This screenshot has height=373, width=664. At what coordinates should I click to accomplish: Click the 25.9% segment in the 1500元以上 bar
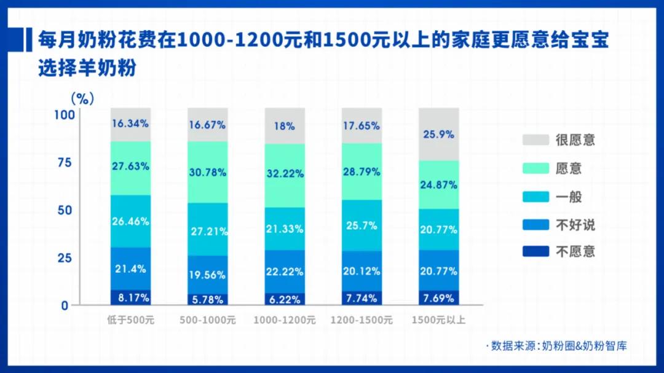point(438,134)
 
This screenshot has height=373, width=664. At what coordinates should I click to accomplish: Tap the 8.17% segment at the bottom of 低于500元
point(130,297)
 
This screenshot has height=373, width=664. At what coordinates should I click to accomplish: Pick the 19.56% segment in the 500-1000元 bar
point(207,274)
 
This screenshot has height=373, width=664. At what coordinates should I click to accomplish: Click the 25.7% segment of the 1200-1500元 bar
point(362,225)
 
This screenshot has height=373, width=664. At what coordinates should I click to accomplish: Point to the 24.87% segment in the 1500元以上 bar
point(438,184)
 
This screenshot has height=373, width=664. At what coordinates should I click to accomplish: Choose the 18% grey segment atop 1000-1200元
point(285,126)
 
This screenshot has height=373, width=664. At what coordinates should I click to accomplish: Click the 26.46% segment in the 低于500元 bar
point(130,221)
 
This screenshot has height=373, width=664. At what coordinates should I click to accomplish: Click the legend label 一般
point(568,197)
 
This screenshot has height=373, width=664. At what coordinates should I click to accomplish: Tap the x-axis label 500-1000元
point(207,320)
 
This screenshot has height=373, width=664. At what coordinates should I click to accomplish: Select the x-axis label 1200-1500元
point(362,320)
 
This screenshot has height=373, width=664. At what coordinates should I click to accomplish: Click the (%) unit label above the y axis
point(82,98)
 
